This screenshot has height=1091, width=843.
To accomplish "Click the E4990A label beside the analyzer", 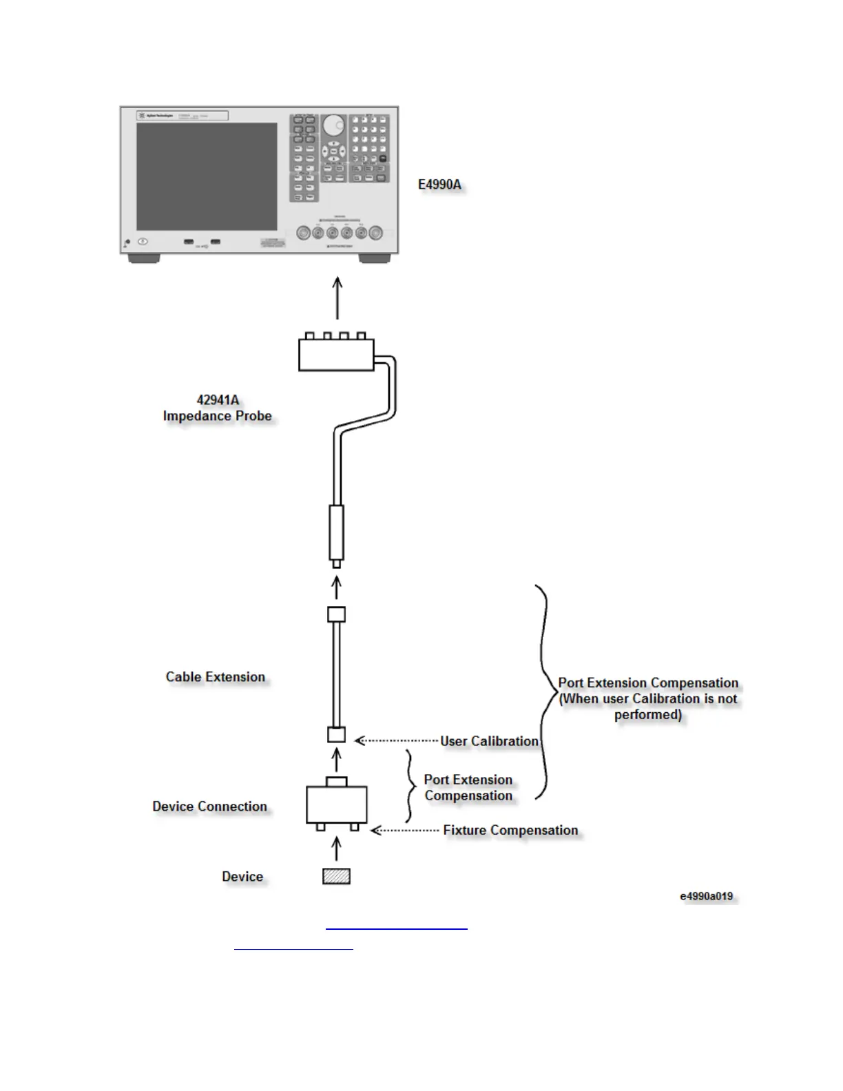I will [x=439, y=185].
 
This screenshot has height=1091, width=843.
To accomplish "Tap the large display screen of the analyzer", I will [x=207, y=176].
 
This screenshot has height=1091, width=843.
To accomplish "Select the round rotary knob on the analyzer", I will [x=333, y=125].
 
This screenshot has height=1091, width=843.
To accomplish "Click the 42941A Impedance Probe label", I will [x=218, y=408].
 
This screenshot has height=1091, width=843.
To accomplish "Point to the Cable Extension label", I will [x=215, y=677].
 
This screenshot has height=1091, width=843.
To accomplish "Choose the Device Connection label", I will [x=209, y=807].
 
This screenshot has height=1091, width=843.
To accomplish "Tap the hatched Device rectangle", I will [x=336, y=876].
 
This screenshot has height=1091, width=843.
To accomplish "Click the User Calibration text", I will [x=489, y=741].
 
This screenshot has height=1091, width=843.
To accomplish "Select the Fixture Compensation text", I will [x=510, y=830].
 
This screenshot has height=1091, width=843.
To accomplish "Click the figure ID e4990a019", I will [x=706, y=896].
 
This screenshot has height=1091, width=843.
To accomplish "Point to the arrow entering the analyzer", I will [x=337, y=298].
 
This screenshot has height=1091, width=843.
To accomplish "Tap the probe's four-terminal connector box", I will [x=336, y=354].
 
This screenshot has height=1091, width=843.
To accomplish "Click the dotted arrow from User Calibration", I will [x=396, y=741].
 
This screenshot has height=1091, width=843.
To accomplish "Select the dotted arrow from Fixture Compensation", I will [x=404, y=831].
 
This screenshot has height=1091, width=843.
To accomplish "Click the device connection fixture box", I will [x=336, y=804].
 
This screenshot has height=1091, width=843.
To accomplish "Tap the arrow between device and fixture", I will [x=336, y=848].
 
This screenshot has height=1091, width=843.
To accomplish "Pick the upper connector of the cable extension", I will [x=336, y=614].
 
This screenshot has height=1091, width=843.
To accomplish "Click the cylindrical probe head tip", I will [x=336, y=534].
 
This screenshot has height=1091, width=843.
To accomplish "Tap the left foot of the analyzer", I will [x=144, y=259].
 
